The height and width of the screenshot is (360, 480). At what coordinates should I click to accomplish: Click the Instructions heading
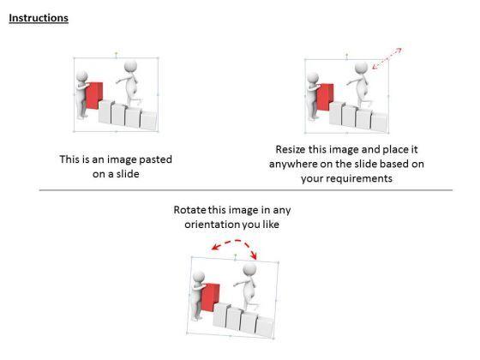[39, 18]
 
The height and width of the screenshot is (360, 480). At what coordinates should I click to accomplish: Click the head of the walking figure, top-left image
[130, 66]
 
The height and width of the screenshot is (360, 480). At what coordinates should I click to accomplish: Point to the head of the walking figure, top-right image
[362, 67]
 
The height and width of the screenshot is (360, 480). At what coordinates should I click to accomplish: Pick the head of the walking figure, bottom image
[249, 270]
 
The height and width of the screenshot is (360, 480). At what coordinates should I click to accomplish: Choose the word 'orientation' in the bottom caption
[208, 225]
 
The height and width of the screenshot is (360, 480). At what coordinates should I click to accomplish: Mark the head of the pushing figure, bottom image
[199, 276]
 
